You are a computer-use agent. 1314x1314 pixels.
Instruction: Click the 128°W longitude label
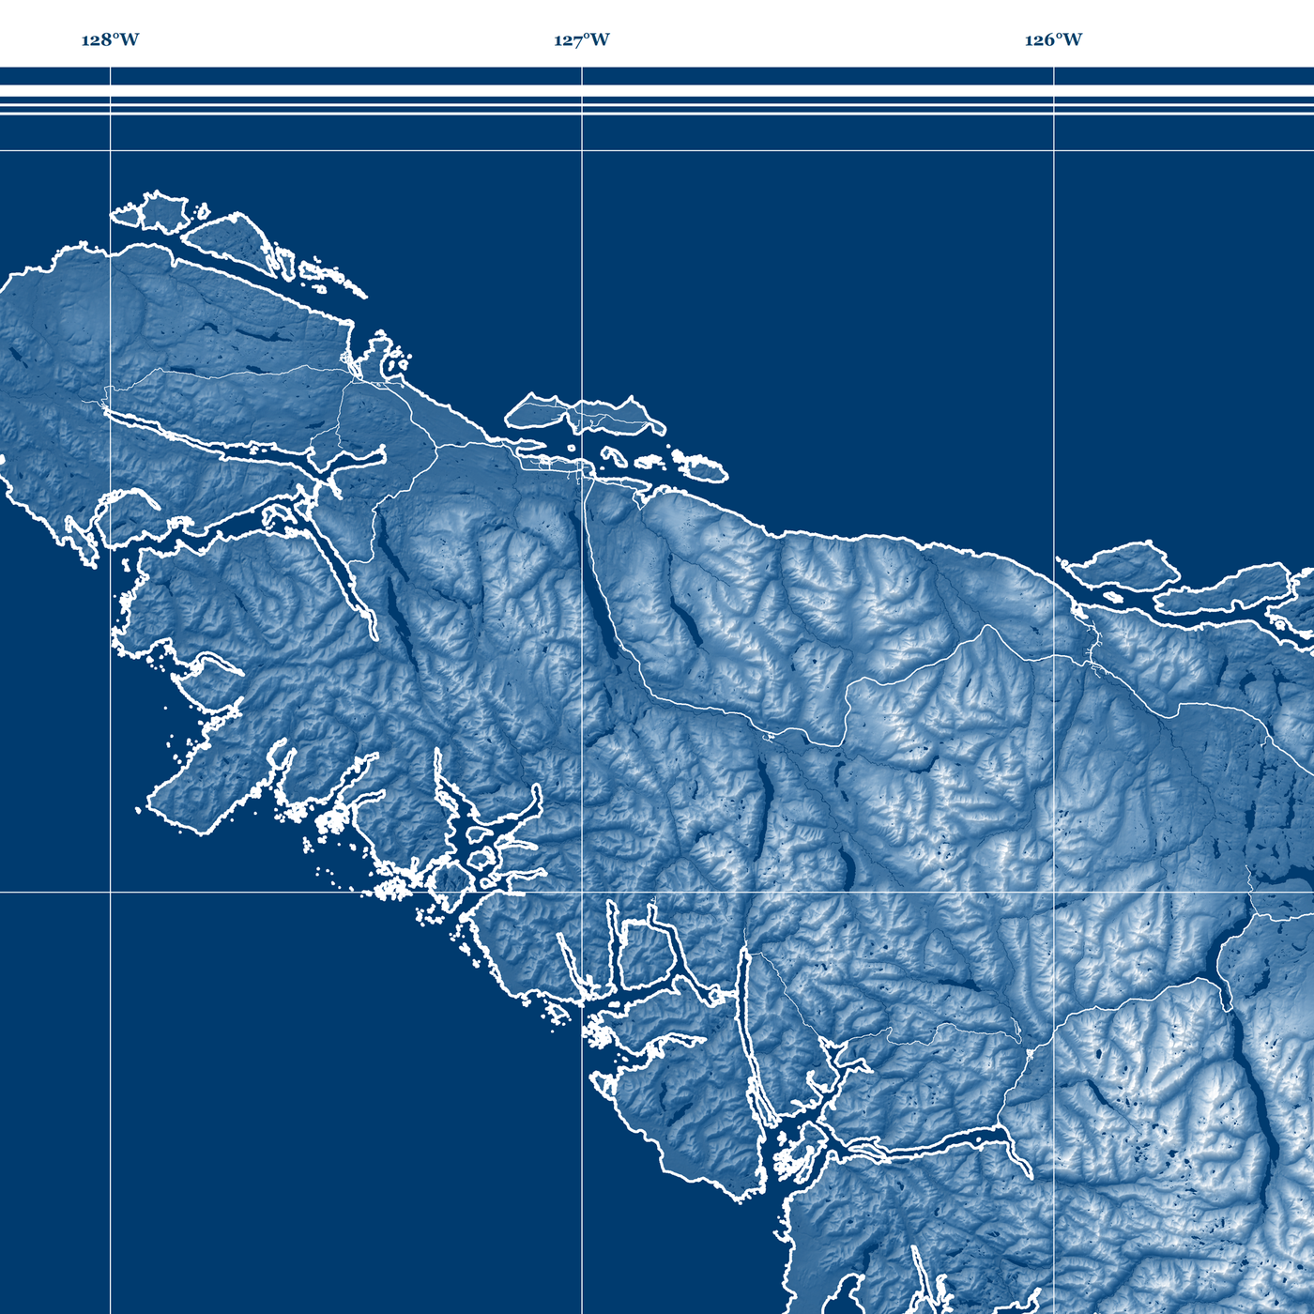(x=110, y=39)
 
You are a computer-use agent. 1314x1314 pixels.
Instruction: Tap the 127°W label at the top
(x=581, y=39)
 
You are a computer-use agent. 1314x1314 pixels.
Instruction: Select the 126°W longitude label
(x=1053, y=39)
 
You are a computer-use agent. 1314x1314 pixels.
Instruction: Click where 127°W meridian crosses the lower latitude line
(x=582, y=893)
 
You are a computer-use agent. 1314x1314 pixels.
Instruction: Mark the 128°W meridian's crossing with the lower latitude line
(x=111, y=893)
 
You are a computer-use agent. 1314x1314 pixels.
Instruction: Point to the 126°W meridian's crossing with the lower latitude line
(x=1054, y=893)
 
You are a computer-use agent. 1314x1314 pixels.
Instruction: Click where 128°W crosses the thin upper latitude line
(x=111, y=150)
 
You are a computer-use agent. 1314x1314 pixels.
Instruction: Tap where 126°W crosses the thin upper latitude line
(x=1054, y=150)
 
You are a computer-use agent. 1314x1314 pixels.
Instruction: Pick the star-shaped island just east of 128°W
(x=161, y=212)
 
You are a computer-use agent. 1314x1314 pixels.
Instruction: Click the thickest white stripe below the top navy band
(x=657, y=91)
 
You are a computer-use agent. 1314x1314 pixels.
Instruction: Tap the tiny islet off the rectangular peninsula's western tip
(x=138, y=810)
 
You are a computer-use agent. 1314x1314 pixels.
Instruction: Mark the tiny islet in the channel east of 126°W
(x=1112, y=596)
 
